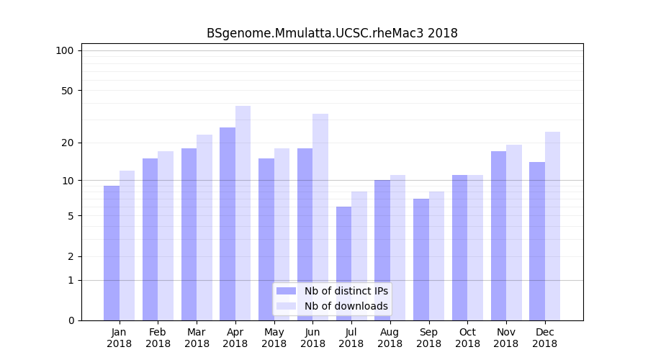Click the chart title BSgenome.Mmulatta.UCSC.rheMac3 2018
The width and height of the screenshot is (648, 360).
(332, 33)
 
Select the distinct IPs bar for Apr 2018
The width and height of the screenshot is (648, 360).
(228, 223)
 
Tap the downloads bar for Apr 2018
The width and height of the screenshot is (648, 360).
(243, 212)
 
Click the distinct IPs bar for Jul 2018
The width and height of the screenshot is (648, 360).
(343, 263)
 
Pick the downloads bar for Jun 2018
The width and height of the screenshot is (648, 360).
(320, 216)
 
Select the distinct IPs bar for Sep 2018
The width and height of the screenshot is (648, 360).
(420, 259)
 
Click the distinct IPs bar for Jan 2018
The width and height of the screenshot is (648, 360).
(112, 252)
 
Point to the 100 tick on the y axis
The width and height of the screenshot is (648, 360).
(65, 50)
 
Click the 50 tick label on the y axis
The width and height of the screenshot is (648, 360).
(67, 91)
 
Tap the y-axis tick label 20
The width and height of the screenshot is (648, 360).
(67, 143)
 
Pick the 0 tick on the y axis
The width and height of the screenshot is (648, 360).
(71, 320)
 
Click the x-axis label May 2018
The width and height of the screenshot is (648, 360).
(274, 338)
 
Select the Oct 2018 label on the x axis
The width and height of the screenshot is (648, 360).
(467, 338)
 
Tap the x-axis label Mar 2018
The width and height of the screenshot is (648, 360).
(197, 338)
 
